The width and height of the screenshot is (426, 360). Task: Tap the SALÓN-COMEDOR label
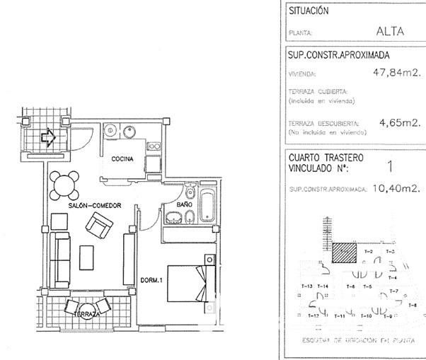pyautogui.click(x=91, y=205)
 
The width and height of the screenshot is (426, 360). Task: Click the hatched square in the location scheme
pyautogui.click(x=345, y=253)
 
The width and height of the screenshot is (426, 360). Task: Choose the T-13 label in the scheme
pyautogui.click(x=307, y=286)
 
